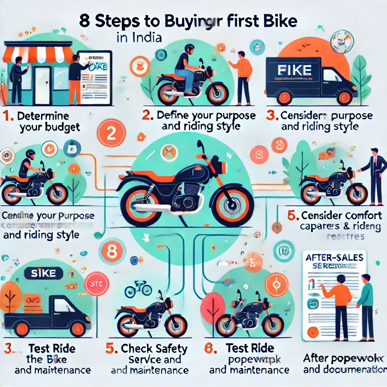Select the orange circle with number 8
point(111,252)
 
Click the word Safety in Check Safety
point(169,348)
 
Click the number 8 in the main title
point(85,22)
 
